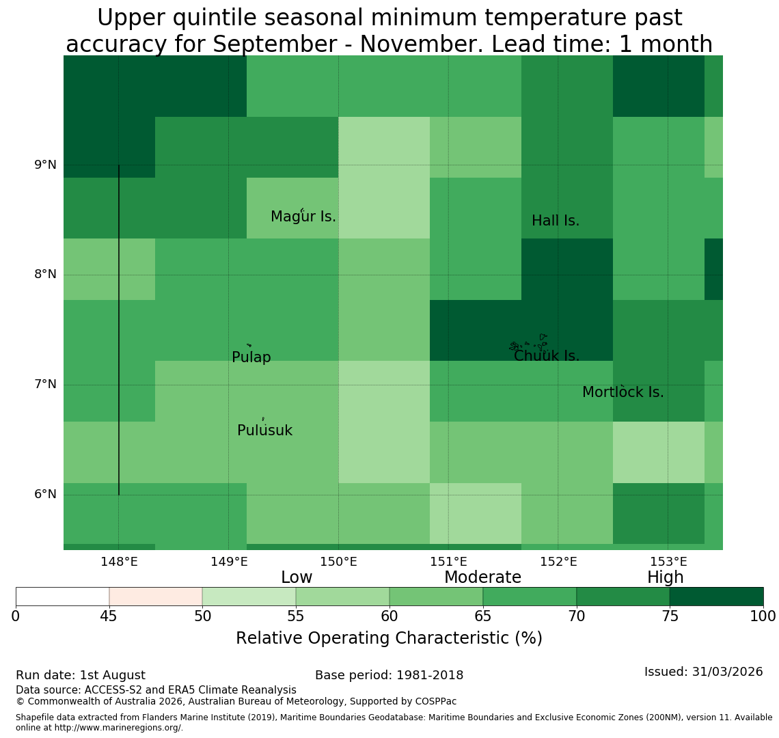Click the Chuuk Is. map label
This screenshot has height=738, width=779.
coord(547,356)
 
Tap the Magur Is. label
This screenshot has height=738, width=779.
coord(303,216)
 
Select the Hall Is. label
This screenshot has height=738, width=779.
coord(556,221)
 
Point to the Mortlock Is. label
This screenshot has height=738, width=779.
coord(623,392)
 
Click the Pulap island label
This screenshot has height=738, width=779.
coord(251,357)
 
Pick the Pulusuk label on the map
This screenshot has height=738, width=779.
coord(265,430)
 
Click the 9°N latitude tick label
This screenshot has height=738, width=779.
coord(45,165)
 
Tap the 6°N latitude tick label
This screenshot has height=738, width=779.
coord(45,495)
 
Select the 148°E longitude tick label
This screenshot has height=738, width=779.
coord(119,562)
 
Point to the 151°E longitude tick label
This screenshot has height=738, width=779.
coord(449,562)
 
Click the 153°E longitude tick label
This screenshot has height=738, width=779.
coord(669,562)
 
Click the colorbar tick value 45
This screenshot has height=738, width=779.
coord(109,616)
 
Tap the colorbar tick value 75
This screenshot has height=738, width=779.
coord(670,616)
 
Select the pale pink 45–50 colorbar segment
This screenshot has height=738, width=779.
coord(156,597)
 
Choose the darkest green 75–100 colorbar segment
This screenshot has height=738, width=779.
coord(716,597)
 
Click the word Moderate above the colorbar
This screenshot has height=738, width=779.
coord(482,577)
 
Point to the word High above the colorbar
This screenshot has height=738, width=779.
coord(666,577)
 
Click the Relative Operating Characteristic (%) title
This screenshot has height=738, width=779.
coord(389,638)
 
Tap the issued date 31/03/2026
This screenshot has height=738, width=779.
coord(727,672)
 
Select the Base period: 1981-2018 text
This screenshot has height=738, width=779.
coord(389,675)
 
